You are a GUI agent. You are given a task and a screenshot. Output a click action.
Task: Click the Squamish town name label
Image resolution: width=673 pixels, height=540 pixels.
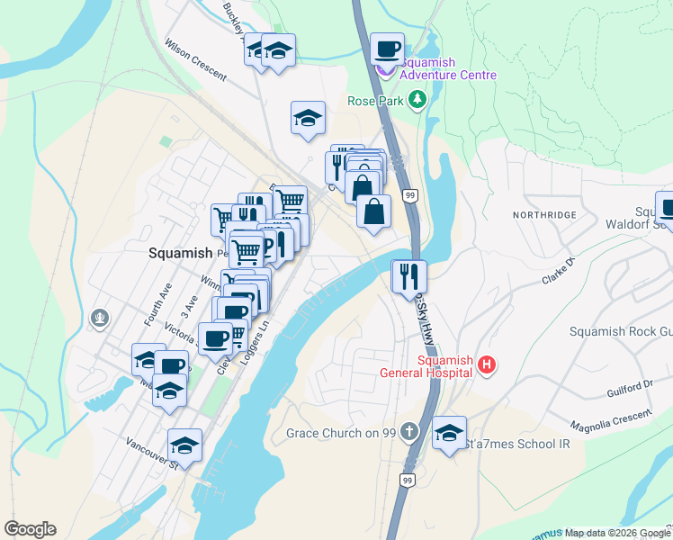179,254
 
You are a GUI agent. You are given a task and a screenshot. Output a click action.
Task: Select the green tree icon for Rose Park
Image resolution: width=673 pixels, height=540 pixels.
417,101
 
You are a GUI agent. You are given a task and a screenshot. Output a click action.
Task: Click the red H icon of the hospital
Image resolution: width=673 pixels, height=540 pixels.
486,364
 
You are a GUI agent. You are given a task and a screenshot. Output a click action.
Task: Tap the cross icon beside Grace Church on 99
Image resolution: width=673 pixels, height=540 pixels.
410,433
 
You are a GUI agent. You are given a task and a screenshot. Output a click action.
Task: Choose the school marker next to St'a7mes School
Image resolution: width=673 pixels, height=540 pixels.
449,434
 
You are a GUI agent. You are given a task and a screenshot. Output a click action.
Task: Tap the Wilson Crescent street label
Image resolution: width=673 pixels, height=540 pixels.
194,58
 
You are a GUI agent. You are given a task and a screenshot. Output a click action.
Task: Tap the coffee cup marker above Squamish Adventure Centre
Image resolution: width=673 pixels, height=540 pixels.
387,49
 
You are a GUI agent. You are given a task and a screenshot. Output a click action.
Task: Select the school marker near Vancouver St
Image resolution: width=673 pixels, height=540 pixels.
184,445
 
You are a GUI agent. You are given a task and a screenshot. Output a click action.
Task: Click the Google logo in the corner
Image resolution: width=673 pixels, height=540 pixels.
30,529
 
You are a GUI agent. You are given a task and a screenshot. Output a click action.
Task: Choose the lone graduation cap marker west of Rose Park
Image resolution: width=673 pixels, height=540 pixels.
308,118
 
